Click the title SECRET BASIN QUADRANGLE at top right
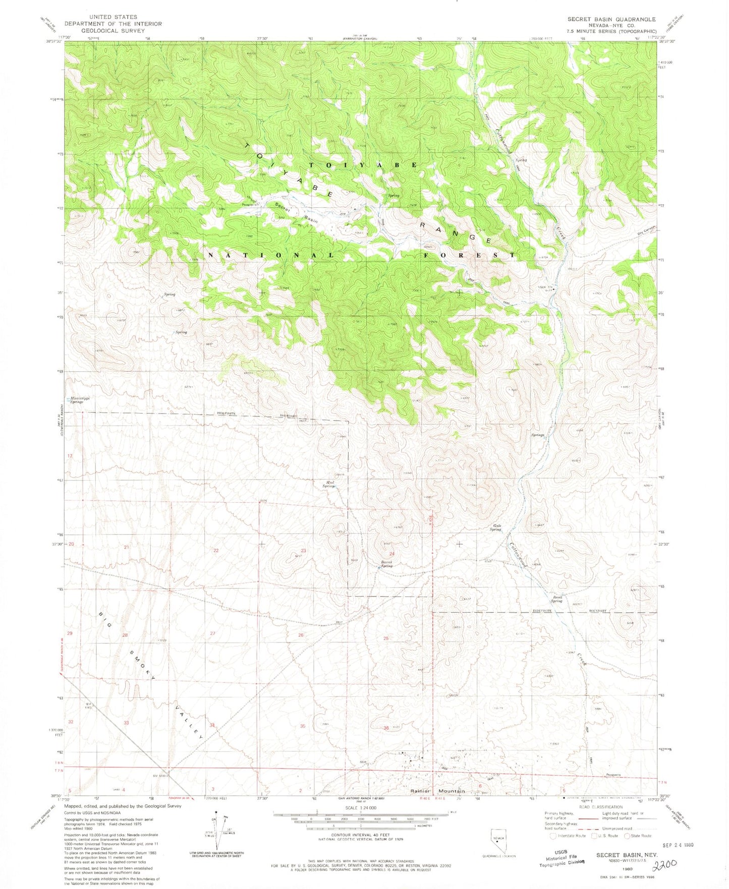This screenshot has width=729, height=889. point(611,19)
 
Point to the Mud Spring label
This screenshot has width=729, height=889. point(329,484)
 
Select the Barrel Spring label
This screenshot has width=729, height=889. point(386,563)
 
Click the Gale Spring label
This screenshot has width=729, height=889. point(496,527)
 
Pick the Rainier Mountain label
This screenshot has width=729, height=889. point(437,791)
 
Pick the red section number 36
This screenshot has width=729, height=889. point(386,728)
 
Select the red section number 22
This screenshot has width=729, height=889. point(216,550)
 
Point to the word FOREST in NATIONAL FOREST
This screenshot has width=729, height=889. point(479,255)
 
